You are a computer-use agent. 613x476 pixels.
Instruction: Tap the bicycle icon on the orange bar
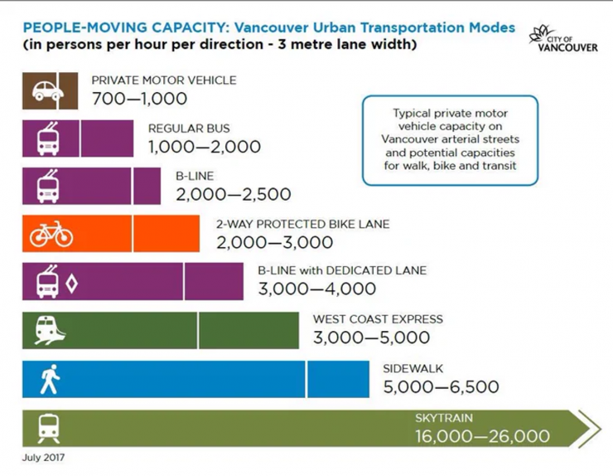click(51, 234)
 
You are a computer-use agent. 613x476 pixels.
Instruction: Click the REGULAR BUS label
click(189, 129)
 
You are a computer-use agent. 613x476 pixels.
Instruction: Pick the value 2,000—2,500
click(234, 196)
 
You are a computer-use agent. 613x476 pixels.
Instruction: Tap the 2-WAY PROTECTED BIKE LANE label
click(302, 225)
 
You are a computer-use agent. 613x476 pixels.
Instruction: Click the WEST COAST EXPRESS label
click(378, 319)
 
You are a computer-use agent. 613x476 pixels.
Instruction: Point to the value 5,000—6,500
click(442, 386)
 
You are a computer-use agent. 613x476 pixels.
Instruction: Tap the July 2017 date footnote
click(42, 457)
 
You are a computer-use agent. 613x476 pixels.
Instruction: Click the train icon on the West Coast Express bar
click(48, 331)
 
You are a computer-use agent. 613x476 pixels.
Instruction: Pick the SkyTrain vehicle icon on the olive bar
click(48, 428)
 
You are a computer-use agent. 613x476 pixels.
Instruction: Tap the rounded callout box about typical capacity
click(450, 139)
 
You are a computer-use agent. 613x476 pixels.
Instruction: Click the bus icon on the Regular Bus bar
click(48, 138)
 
